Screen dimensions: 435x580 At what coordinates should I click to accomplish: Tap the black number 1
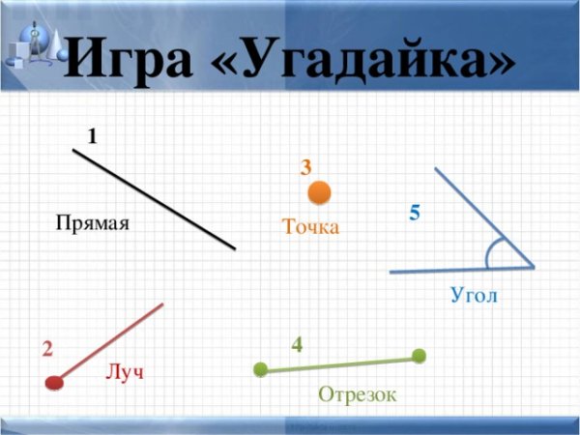pyautogui.click(x=92, y=136)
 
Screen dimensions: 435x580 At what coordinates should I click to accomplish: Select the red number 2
pyautogui.click(x=47, y=348)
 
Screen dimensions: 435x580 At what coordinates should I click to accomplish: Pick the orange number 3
pyautogui.click(x=305, y=167)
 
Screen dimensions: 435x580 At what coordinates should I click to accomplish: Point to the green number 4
pyautogui.click(x=297, y=343)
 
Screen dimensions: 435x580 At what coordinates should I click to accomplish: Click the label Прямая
pyautogui.click(x=92, y=222)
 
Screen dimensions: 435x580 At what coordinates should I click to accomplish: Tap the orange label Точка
pyautogui.click(x=310, y=227)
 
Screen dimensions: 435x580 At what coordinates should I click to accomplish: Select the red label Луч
pyautogui.click(x=125, y=372)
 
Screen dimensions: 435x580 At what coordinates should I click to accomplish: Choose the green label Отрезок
pyautogui.click(x=357, y=394)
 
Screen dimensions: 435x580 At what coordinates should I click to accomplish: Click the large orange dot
pyautogui.click(x=320, y=192)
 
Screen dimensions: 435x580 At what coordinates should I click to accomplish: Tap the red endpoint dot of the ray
pyautogui.click(x=54, y=382)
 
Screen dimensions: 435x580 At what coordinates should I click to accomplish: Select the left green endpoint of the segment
pyautogui.click(x=260, y=369)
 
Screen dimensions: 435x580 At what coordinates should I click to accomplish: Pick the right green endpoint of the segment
pyautogui.click(x=419, y=356)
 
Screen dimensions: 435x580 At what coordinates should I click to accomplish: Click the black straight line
pyautogui.click(x=155, y=199)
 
